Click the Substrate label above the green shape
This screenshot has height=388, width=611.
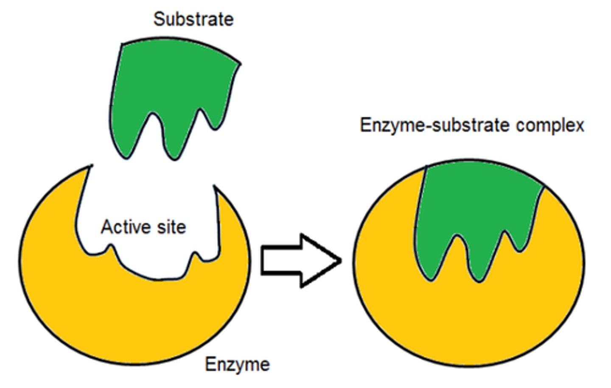coord(193,20)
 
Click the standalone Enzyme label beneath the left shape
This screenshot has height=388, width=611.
coord(237,364)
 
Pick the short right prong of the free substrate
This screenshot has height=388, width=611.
coord(215,121)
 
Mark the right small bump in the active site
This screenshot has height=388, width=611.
coord(195,257)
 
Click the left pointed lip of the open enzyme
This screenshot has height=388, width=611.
coord(90,167)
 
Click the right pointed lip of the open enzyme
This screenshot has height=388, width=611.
coord(215,187)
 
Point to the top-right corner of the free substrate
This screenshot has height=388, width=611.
coord(239,64)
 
